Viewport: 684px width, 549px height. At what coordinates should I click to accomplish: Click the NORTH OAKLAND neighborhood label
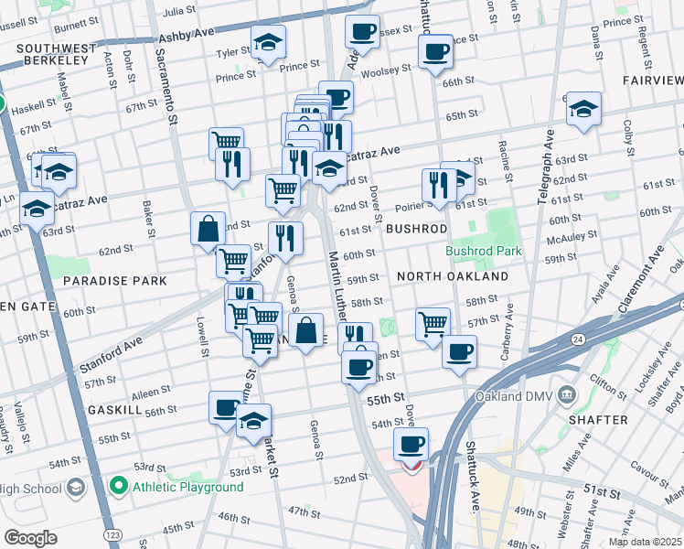(x=452, y=276)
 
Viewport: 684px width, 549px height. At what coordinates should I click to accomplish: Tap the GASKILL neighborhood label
(x=113, y=411)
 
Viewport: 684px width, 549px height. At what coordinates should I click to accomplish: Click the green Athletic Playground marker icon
(x=117, y=486)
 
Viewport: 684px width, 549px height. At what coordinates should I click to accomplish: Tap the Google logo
(x=30, y=538)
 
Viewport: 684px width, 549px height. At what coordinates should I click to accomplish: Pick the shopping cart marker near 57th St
(x=433, y=322)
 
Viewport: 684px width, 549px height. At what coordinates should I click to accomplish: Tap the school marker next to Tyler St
(x=268, y=41)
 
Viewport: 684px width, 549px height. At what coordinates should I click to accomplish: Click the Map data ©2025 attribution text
(x=645, y=542)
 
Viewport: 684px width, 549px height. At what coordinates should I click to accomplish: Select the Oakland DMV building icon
(x=568, y=395)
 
